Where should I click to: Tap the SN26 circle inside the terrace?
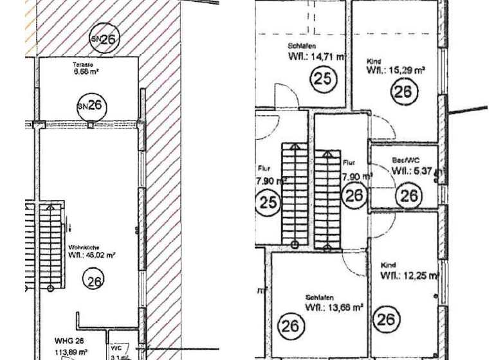click(91, 105)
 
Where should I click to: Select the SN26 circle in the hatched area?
click(104, 40)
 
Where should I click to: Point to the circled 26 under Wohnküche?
click(95, 280)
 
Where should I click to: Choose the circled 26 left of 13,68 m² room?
click(291, 327)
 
